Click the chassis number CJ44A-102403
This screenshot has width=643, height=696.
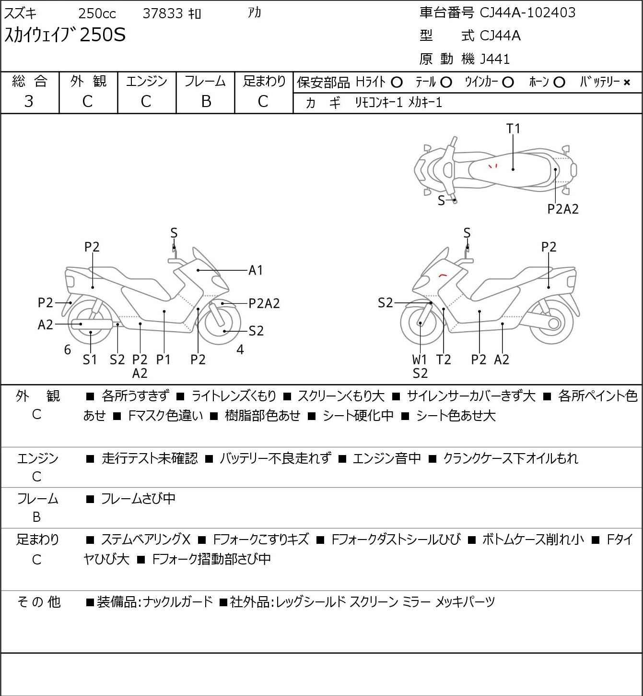pyautogui.click(x=527, y=12)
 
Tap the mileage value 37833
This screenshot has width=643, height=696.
pyautogui.click(x=163, y=13)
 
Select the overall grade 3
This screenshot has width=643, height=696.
pyautogui.click(x=29, y=101)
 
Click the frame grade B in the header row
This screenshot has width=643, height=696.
pyautogui.click(x=206, y=101)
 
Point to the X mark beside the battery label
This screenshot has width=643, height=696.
pyautogui.click(x=627, y=83)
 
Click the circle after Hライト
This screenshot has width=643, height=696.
pyautogui.click(x=397, y=83)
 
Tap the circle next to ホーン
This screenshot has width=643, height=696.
pyautogui.click(x=559, y=83)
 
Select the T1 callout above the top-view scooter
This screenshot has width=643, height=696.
pyautogui.click(x=514, y=129)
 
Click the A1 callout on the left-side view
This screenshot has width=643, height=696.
pyautogui.click(x=255, y=270)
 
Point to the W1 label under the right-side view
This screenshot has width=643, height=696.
pyautogui.click(x=419, y=360)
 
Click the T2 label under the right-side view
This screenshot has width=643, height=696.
pyautogui.click(x=444, y=360)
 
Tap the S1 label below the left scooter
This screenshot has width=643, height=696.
pyautogui.click(x=90, y=360)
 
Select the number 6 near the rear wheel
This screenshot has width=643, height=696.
pyautogui.click(x=68, y=349)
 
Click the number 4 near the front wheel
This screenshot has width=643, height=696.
pyautogui.click(x=240, y=349)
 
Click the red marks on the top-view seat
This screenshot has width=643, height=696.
pyautogui.click(x=493, y=166)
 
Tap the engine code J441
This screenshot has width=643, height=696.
pyautogui.click(x=495, y=59)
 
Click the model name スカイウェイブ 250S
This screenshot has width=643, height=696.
pyautogui.click(x=65, y=35)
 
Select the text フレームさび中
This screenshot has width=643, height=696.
pyautogui.click(x=138, y=498)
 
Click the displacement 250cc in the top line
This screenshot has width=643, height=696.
pyautogui.click(x=97, y=13)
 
